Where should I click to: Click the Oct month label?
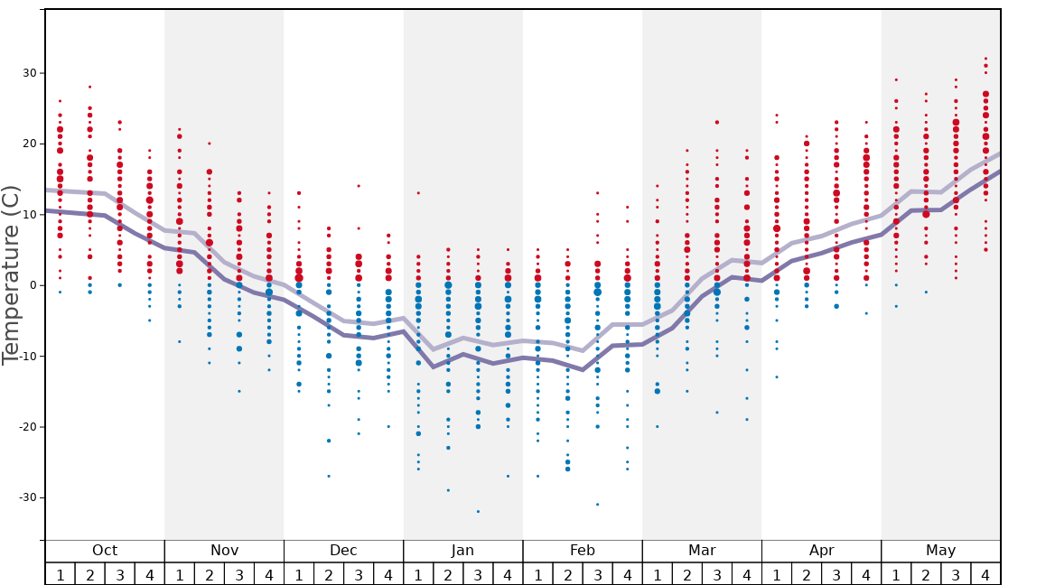[x=105, y=551]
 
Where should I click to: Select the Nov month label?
[x=224, y=551]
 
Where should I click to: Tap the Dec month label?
[x=343, y=551]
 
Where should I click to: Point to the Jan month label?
[x=462, y=551]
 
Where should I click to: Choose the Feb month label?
[x=583, y=551]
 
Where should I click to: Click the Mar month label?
[x=702, y=551]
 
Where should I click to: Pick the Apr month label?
[x=821, y=551]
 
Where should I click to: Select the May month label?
[x=940, y=551]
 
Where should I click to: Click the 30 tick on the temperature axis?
[x=31, y=73]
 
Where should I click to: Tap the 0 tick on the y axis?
[x=34, y=285]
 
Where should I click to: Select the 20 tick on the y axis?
[x=31, y=144]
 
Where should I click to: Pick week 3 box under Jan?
[x=478, y=574]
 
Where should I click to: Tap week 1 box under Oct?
[x=60, y=574]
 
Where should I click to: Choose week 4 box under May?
[x=985, y=574]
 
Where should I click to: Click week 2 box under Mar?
[x=686, y=574]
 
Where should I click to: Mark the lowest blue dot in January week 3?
[x=478, y=512]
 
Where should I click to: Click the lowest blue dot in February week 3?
[x=597, y=505]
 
